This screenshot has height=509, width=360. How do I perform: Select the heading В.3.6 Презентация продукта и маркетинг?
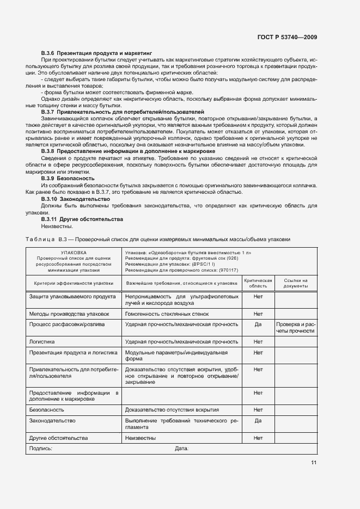click(96, 53)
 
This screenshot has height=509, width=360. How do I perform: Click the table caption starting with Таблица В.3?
click(158, 239)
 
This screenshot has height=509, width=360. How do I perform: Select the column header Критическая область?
click(258, 283)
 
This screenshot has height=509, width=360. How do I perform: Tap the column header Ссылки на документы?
click(296, 283)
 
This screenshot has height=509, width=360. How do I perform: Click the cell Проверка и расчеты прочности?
click(296, 327)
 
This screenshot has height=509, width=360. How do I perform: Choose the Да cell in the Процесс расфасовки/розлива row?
click(258, 324)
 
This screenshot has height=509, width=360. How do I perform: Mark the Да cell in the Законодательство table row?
click(258, 421)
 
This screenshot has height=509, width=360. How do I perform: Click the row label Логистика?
click(42, 342)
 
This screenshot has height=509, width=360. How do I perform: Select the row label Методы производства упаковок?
click(69, 314)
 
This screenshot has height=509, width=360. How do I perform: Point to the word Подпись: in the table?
click(41, 449)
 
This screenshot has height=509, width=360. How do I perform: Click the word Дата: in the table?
click(181, 449)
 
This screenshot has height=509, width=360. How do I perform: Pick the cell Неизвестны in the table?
click(141, 438)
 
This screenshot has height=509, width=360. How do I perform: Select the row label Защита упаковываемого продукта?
click(72, 297)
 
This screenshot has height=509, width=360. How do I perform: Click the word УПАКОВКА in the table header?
click(74, 253)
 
